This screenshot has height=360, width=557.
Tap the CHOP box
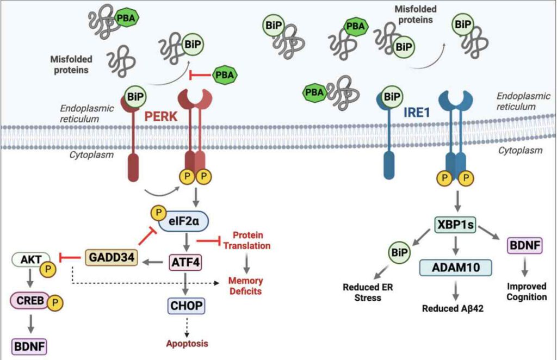(x=186, y=306)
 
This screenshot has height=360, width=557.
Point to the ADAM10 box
(x=455, y=268)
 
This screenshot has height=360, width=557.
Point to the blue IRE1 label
(x=418, y=98)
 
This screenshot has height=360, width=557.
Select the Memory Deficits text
(x=245, y=285)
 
